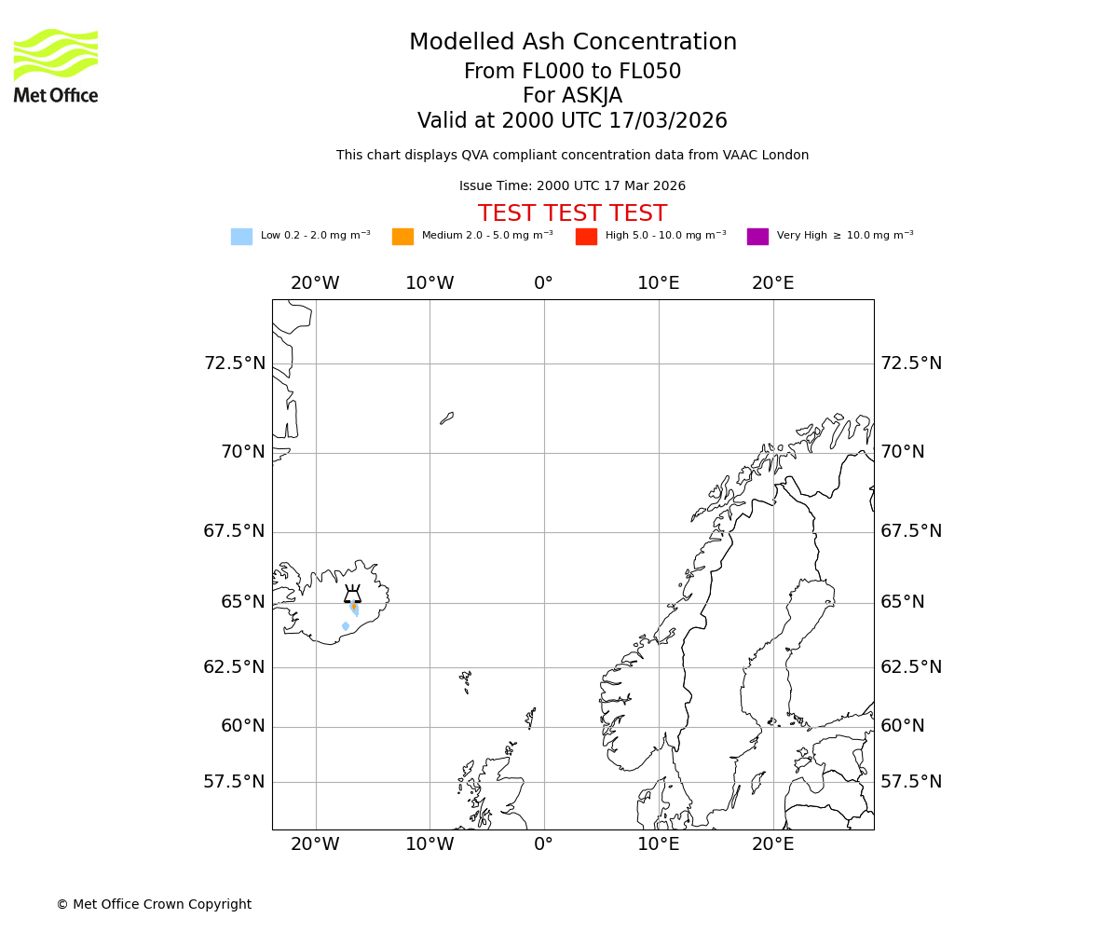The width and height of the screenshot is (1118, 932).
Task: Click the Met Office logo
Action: click(x=56, y=65)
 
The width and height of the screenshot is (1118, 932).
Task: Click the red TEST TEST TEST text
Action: click(x=572, y=214)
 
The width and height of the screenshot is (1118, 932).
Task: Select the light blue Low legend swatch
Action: click(x=241, y=237)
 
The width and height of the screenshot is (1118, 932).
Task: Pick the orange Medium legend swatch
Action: click(x=402, y=237)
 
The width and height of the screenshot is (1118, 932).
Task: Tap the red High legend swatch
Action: click(x=586, y=237)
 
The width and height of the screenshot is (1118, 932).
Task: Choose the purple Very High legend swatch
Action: click(x=757, y=237)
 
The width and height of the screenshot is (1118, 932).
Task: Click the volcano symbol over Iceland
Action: click(x=352, y=595)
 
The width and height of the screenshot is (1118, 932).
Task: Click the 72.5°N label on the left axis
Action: click(x=234, y=363)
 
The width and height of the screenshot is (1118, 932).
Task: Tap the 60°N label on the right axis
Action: click(x=903, y=726)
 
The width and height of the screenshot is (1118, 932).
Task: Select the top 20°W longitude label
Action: click(x=315, y=283)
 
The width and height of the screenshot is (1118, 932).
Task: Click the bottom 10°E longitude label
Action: click(x=658, y=844)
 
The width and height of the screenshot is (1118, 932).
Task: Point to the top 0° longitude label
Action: click(x=544, y=283)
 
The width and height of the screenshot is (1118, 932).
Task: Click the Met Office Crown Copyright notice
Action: click(x=154, y=904)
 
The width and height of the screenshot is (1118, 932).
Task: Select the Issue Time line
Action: click(x=572, y=186)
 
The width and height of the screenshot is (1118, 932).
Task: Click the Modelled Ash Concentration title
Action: click(x=572, y=43)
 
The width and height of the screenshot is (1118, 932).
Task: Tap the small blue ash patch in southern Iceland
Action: click(x=346, y=626)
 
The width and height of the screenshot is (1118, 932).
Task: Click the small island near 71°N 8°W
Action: click(x=447, y=418)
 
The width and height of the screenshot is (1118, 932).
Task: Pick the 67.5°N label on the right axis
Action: click(x=911, y=531)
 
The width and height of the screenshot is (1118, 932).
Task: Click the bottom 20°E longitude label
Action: click(x=772, y=844)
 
